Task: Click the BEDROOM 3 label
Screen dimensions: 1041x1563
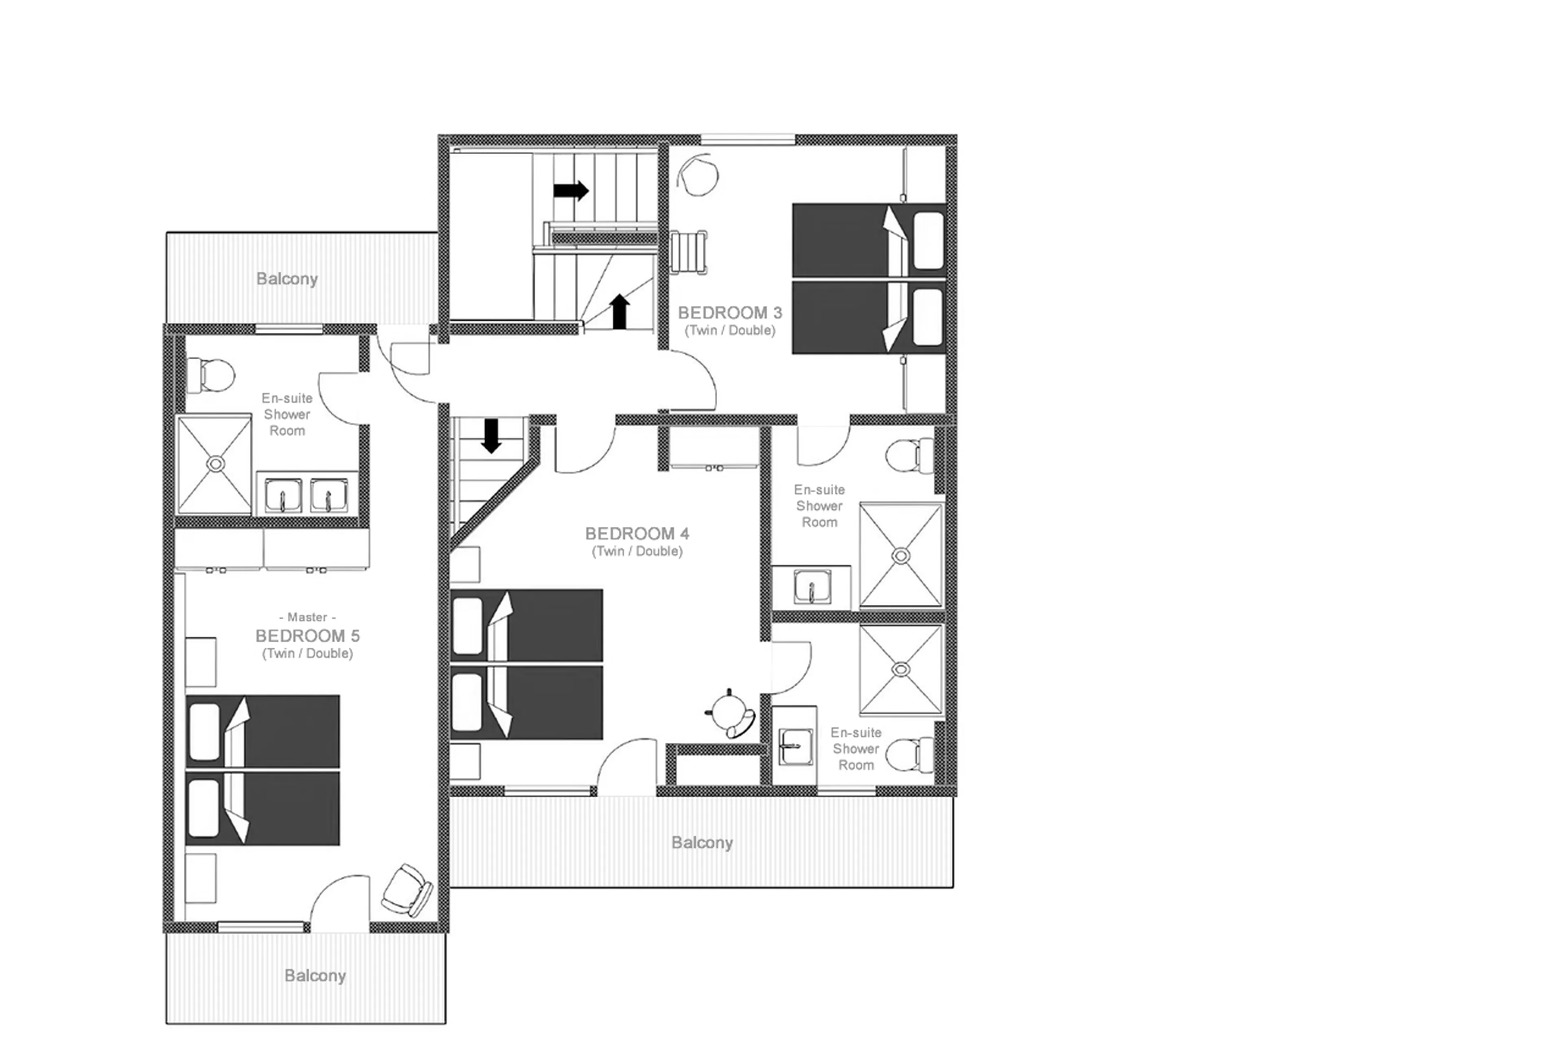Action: pyautogui.click(x=729, y=313)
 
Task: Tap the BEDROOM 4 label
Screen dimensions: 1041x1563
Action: pyautogui.click(x=636, y=534)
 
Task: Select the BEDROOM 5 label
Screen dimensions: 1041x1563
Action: pyautogui.click(x=308, y=636)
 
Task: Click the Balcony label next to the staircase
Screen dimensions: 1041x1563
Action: pyautogui.click(x=287, y=279)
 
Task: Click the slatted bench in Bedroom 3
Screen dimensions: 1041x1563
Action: pyautogui.click(x=688, y=252)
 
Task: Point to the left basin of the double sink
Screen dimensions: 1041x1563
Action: pyautogui.click(x=282, y=495)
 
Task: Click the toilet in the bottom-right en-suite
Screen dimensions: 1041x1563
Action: pyautogui.click(x=906, y=755)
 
